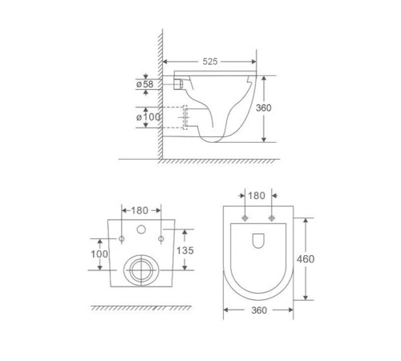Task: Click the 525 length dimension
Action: tap(211, 61)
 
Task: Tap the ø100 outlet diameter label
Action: tap(149, 118)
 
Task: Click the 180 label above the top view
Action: tap(257, 195)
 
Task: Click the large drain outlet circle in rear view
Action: tap(141, 269)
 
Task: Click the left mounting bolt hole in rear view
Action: tap(121, 239)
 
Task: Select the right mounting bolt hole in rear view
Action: tap(161, 239)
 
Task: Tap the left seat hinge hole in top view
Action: tap(241, 218)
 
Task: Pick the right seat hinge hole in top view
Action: tap(272, 218)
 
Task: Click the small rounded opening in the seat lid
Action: tap(257, 241)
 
